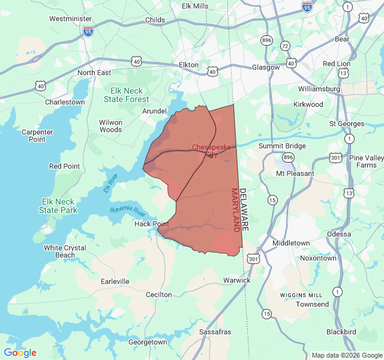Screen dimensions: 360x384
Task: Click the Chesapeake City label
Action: (211, 150)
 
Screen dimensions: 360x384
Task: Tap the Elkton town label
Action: (188, 64)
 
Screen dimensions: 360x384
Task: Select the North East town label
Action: (94, 73)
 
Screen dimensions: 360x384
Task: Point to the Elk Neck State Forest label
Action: (130, 95)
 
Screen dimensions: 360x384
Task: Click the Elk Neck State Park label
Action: (58, 206)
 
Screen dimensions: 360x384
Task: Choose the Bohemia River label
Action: (128, 212)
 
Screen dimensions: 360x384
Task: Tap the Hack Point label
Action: (152, 224)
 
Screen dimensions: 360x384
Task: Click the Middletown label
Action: (291, 243)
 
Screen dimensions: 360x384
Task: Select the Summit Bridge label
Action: (282, 146)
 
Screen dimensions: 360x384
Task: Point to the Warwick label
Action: (236, 280)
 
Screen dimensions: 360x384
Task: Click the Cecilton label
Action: (159, 295)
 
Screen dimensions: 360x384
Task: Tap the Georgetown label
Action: (148, 342)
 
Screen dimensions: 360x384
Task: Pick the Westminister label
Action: (70, 19)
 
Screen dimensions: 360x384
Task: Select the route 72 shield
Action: (285, 46)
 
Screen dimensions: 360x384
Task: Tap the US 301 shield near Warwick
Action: (253, 259)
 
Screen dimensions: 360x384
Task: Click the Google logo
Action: (20, 353)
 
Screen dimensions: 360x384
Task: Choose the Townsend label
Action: (313, 304)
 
